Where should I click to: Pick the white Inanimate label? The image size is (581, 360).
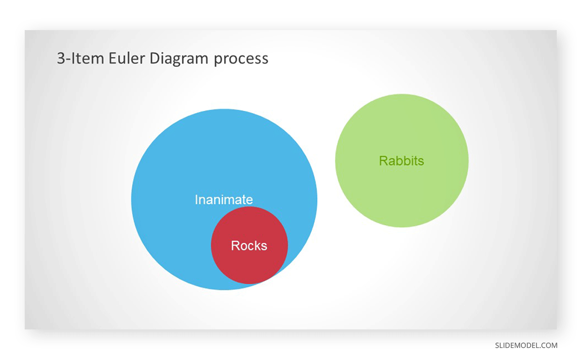click(224, 200)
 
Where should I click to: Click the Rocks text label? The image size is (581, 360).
click(249, 246)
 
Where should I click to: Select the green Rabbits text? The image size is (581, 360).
click(401, 161)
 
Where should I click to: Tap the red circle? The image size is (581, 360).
click(249, 264)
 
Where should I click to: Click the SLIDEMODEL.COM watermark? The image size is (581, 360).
click(526, 345)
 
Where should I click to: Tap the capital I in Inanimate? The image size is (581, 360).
click(196, 200)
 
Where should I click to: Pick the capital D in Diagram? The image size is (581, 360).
click(154, 58)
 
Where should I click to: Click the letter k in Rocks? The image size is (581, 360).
click(257, 246)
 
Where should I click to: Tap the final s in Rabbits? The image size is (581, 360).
click(421, 161)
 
